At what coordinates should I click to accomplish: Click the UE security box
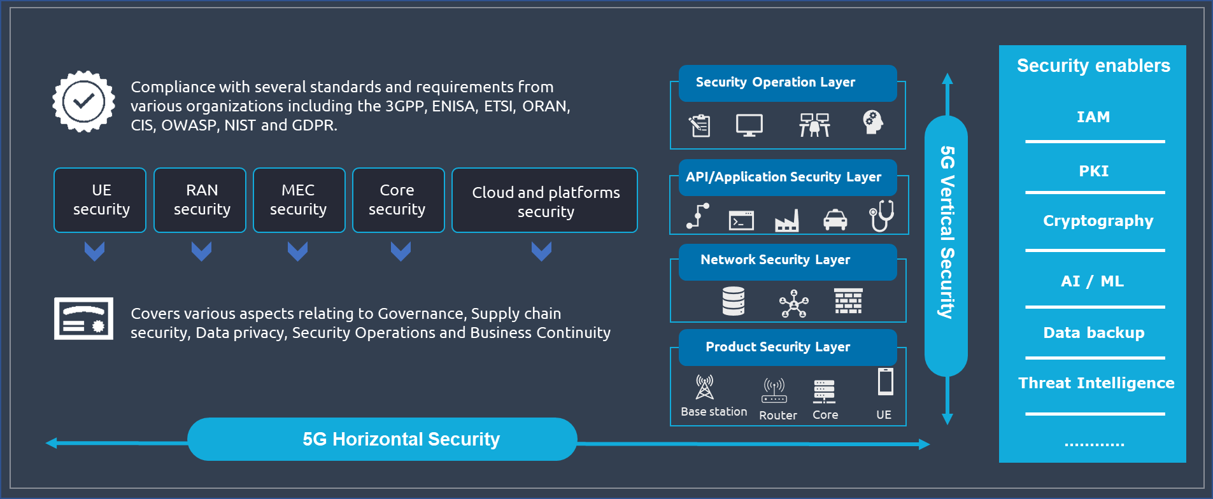point(100,200)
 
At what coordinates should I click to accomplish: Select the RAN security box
point(200,200)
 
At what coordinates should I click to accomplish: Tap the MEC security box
point(299,200)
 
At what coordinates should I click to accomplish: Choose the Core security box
point(399,200)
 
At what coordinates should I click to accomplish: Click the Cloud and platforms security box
point(544,200)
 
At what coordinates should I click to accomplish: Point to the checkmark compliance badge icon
point(83,101)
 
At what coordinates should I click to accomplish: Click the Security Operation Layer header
point(787,83)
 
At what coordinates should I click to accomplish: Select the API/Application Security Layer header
point(787,177)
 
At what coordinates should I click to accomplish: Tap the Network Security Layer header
point(787,260)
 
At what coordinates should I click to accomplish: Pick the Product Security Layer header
point(787,347)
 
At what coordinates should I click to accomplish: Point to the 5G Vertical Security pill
point(946,245)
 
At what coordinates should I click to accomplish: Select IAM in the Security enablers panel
point(1093,117)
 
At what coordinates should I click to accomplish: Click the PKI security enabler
point(1093,171)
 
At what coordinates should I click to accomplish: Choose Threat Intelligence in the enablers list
point(1096,383)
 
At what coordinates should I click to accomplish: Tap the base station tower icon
point(704,388)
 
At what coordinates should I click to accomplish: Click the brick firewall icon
point(848,301)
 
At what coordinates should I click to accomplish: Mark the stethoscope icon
point(882,216)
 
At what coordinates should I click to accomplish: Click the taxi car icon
point(835,220)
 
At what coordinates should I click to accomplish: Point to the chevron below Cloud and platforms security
point(541,251)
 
